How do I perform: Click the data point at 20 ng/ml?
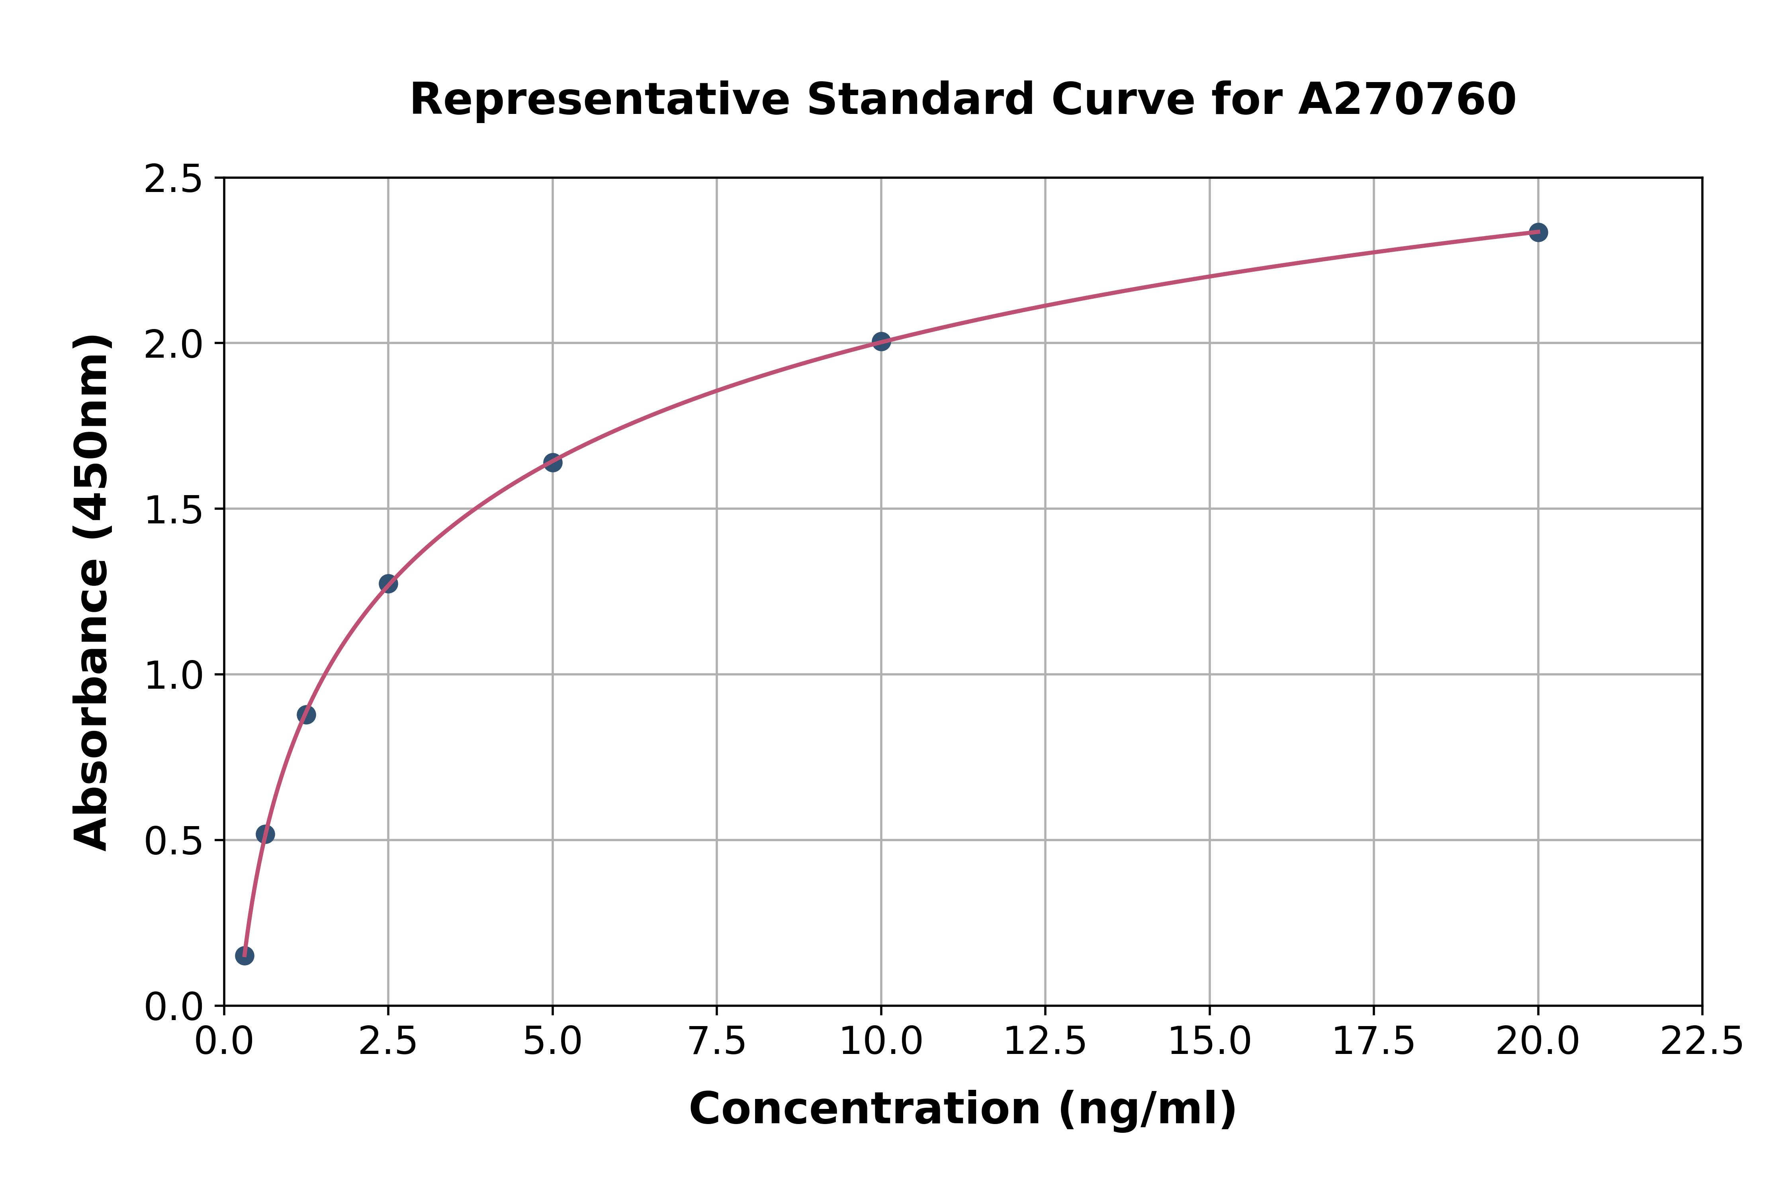(x=1538, y=232)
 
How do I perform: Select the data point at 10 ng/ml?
(x=881, y=341)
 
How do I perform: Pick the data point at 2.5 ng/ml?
(x=388, y=583)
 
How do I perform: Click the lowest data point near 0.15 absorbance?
(x=245, y=956)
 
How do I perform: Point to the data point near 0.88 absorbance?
(x=306, y=715)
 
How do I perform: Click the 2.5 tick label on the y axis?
(x=174, y=180)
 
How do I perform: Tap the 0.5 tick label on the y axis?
(x=174, y=841)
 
